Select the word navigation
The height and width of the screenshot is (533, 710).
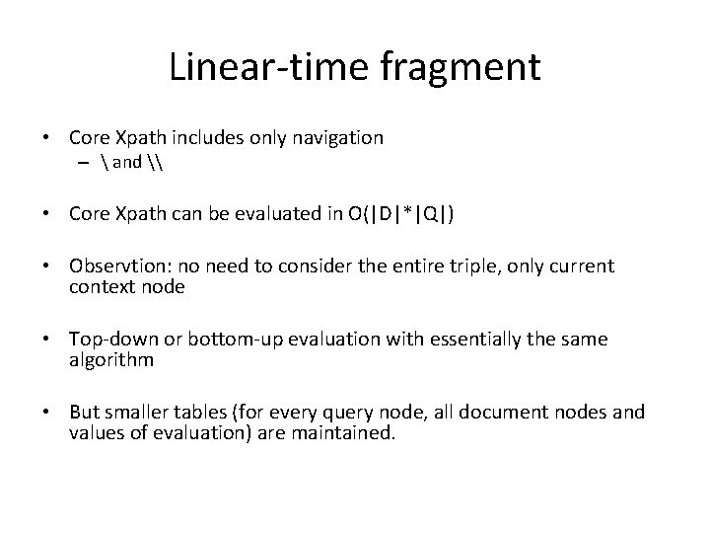tap(334, 138)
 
